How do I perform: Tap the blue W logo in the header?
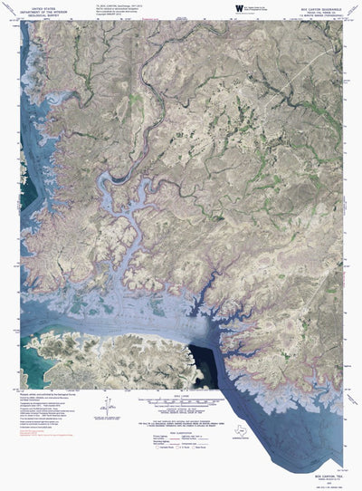(239, 8)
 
